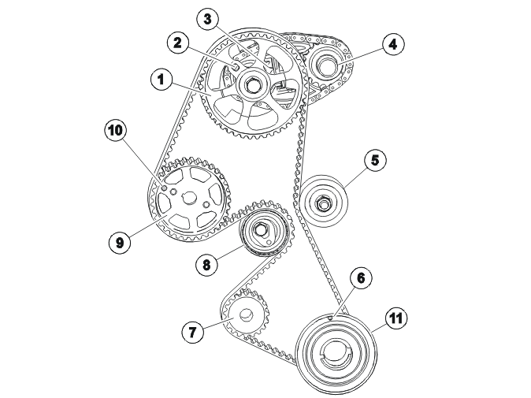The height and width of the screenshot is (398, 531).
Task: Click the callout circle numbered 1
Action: tap(162, 80)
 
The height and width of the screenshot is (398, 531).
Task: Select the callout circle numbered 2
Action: tap(177, 43)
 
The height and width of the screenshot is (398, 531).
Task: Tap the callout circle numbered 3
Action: tap(207, 19)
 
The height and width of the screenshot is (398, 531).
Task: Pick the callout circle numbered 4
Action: tap(392, 44)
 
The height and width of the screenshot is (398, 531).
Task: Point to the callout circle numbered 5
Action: tap(375, 160)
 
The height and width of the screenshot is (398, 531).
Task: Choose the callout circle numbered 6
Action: tap(361, 278)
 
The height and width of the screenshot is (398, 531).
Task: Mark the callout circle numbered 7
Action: tap(192, 332)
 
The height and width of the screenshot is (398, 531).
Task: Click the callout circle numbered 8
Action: tap(206, 264)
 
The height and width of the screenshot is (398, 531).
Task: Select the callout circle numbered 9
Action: tap(120, 242)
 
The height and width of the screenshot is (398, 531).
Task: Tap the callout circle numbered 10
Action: tap(115, 130)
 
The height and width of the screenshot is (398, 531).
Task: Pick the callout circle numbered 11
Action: tap(396, 318)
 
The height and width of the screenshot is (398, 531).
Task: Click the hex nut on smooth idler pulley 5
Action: tap(322, 203)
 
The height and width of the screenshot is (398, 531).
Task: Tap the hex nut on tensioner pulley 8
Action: tap(261, 229)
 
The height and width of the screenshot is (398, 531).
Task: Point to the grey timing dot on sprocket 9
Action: tap(164, 188)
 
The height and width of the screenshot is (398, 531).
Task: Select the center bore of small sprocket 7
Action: tap(246, 315)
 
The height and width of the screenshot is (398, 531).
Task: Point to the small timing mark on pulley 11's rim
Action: tap(330, 317)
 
